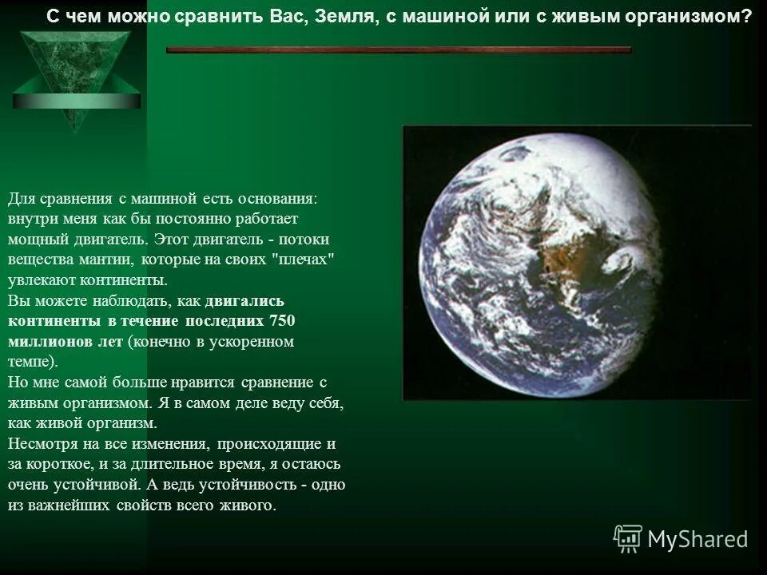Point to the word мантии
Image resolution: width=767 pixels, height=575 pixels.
pyautogui.click(x=109, y=260)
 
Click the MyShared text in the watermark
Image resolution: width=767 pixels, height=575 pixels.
pyautogui.click(x=697, y=539)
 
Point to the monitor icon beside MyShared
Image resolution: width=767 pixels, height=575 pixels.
pyautogui.click(x=628, y=539)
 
